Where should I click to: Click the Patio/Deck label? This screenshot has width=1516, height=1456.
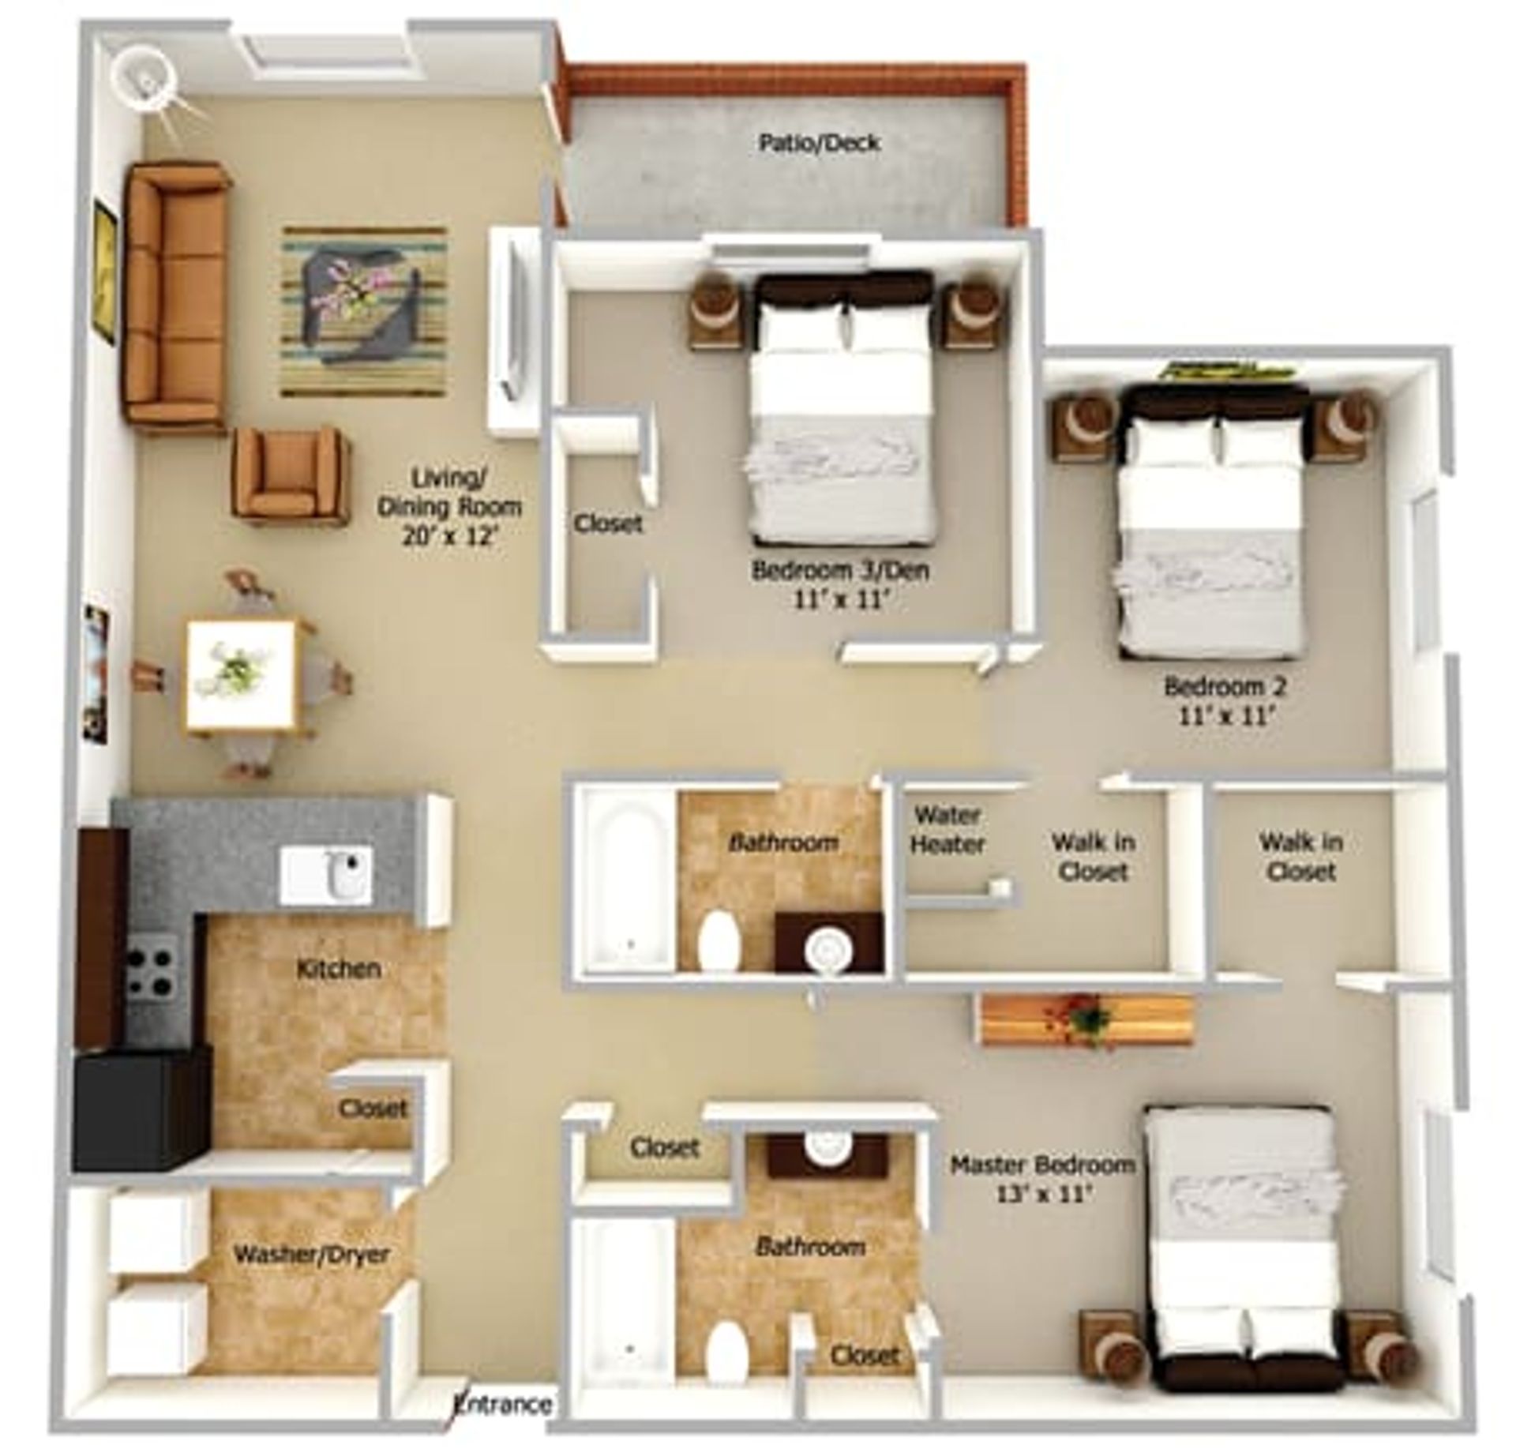click(x=819, y=143)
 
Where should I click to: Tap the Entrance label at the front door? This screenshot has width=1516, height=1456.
click(x=504, y=1403)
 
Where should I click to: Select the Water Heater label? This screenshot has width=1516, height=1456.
click(x=947, y=830)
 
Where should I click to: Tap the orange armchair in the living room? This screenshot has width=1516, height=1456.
click(x=290, y=474)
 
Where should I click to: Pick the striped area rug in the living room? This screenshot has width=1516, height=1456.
click(x=365, y=312)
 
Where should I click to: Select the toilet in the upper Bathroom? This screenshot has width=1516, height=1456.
click(x=719, y=940)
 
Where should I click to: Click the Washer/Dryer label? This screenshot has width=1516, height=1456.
click(x=312, y=1255)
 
